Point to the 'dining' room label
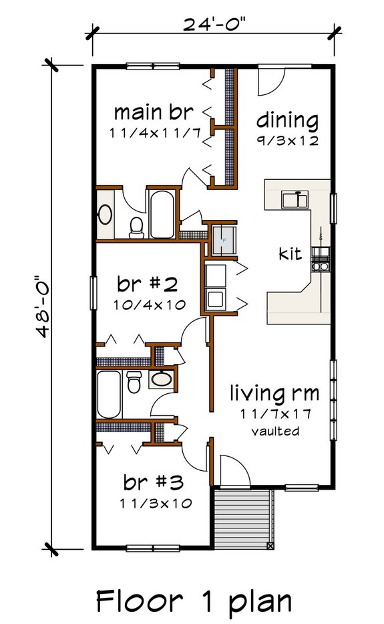pyautogui.click(x=287, y=121)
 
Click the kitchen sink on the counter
pyautogui.click(x=293, y=200)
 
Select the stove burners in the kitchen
pyautogui.click(x=321, y=266)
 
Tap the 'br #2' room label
pyautogui.click(x=147, y=285)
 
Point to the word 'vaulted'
pyautogui.click(x=274, y=431)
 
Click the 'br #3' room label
pyautogui.click(x=154, y=482)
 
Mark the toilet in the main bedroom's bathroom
pyautogui.click(x=136, y=227)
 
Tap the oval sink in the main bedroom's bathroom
pyautogui.click(x=106, y=215)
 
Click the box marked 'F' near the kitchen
pyautogui.click(x=224, y=239)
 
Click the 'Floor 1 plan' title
pyautogui.click(x=194, y=601)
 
